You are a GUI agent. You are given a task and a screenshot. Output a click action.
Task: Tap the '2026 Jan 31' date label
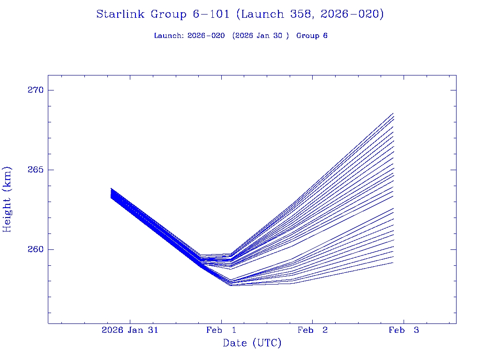pos(130,330)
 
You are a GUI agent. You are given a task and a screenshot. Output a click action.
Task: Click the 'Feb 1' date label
pos(221,330)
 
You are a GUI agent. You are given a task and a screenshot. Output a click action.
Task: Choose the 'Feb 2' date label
pos(313,330)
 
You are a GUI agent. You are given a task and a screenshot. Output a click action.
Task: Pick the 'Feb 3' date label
pos(404,330)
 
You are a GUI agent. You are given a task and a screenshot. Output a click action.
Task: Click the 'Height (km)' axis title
pos(7,199)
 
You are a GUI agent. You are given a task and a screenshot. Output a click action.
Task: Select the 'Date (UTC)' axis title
pos(252,344)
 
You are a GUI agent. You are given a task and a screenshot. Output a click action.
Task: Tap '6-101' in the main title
pos(211,15)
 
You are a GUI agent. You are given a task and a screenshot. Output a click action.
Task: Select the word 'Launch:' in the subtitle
pos(169,36)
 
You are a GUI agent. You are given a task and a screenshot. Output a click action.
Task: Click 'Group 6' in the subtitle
pos(312,36)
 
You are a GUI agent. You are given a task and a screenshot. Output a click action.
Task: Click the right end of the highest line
pos(393,113)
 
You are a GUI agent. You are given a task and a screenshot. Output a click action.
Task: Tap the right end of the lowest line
pos(393,262)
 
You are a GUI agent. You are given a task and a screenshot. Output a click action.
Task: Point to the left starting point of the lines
pos(111,193)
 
